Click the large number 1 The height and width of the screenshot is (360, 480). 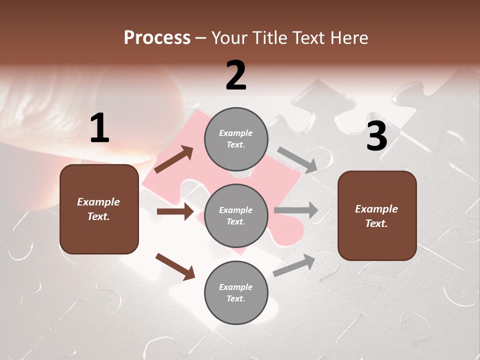coord(99,128)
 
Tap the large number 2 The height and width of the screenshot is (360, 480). coord(236,75)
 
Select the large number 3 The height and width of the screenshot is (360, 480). coord(376,136)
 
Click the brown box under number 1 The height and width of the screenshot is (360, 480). coord(99,209)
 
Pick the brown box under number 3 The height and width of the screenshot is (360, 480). coord(377,215)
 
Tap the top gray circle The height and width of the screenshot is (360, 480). coord(236,139)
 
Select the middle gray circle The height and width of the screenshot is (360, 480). coord(236,215)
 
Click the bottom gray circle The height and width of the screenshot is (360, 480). coord(236,292)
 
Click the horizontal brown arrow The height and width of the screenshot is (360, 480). coord(175,211)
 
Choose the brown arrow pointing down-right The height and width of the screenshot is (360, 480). coord(175,266)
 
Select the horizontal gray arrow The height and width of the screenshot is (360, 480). coord(296,210)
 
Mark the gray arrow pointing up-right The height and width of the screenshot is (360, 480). coord(294,265)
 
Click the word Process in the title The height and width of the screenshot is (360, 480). coord(157,37)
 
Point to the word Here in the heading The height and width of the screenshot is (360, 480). coord(349,37)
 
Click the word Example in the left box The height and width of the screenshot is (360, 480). coord(98,202)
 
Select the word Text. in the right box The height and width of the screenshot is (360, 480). coord(376,223)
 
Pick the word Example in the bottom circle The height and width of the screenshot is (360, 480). coord(236,287)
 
